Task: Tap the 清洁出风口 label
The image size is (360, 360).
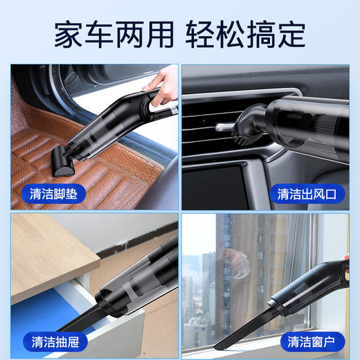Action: point(305,193)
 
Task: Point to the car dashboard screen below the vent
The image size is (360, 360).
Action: point(235,180)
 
